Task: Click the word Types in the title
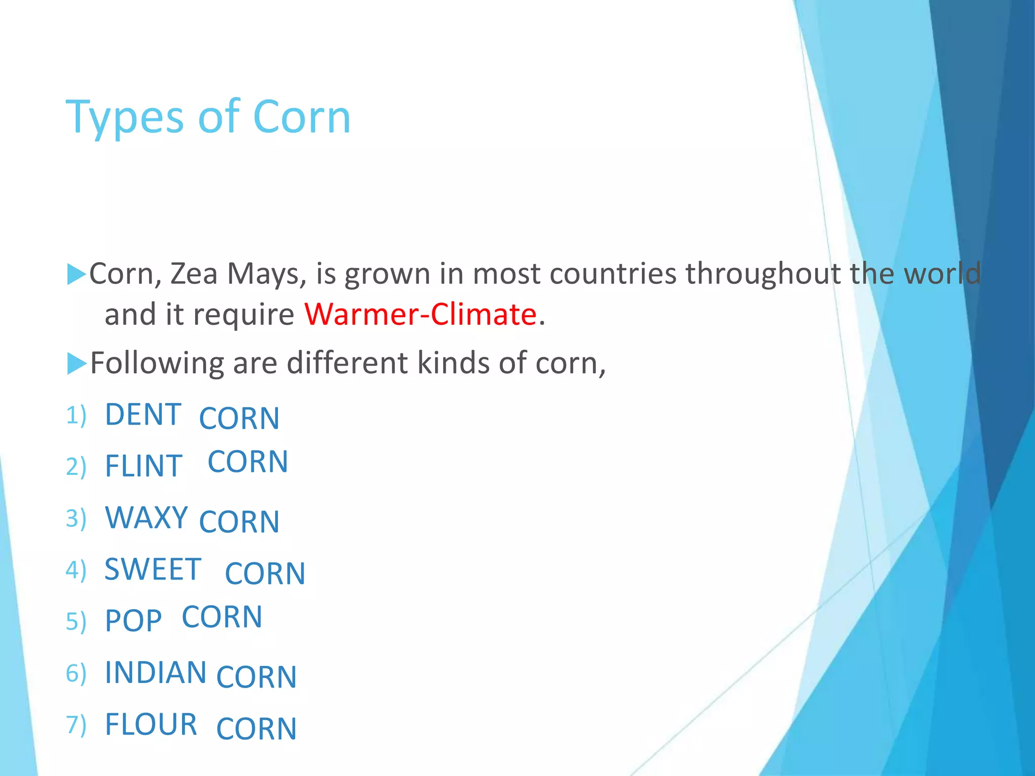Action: [x=124, y=118]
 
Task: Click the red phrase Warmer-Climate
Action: [x=420, y=314]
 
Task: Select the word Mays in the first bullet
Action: [x=266, y=274]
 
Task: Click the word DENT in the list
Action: [x=143, y=414]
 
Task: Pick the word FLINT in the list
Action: [x=143, y=466]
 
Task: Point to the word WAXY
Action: [x=147, y=517]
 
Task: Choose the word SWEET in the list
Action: [x=153, y=569]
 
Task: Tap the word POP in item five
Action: [x=133, y=621]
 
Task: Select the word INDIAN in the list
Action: [x=155, y=672]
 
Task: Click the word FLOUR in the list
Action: [x=151, y=724]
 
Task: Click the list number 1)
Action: [x=76, y=415]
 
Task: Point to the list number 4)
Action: [x=76, y=570]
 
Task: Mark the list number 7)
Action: [x=76, y=724]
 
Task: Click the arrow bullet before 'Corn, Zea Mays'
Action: [x=76, y=274]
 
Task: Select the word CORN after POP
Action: [x=222, y=617]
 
